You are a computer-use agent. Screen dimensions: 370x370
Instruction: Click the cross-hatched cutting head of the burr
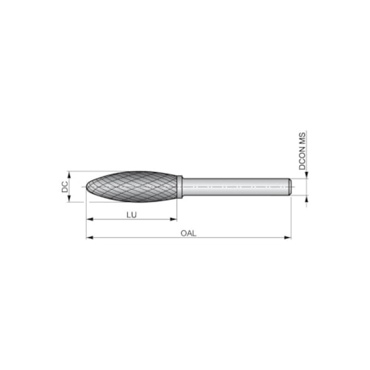pyautogui.click(x=133, y=187)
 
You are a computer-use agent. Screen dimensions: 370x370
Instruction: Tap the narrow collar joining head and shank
pyautogui.click(x=182, y=187)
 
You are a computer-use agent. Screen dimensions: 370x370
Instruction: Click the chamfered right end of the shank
pyautogui.click(x=288, y=187)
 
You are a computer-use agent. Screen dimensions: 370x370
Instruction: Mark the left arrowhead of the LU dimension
pyautogui.click(x=88, y=220)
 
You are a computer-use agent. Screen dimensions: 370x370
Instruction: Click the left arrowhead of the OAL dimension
pyautogui.click(x=88, y=238)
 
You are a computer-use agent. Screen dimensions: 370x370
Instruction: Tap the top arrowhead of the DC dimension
pyautogui.click(x=72, y=173)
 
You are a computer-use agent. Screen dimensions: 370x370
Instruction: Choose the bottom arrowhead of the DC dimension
pyautogui.click(x=72, y=200)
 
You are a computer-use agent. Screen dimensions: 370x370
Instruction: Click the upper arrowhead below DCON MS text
pyautogui.click(x=304, y=176)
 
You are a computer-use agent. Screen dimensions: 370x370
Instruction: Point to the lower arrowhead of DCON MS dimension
pyautogui.click(x=304, y=198)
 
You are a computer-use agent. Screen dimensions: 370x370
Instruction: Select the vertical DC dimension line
pyautogui.click(x=72, y=187)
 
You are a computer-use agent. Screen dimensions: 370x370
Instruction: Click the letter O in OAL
pyautogui.click(x=183, y=232)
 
